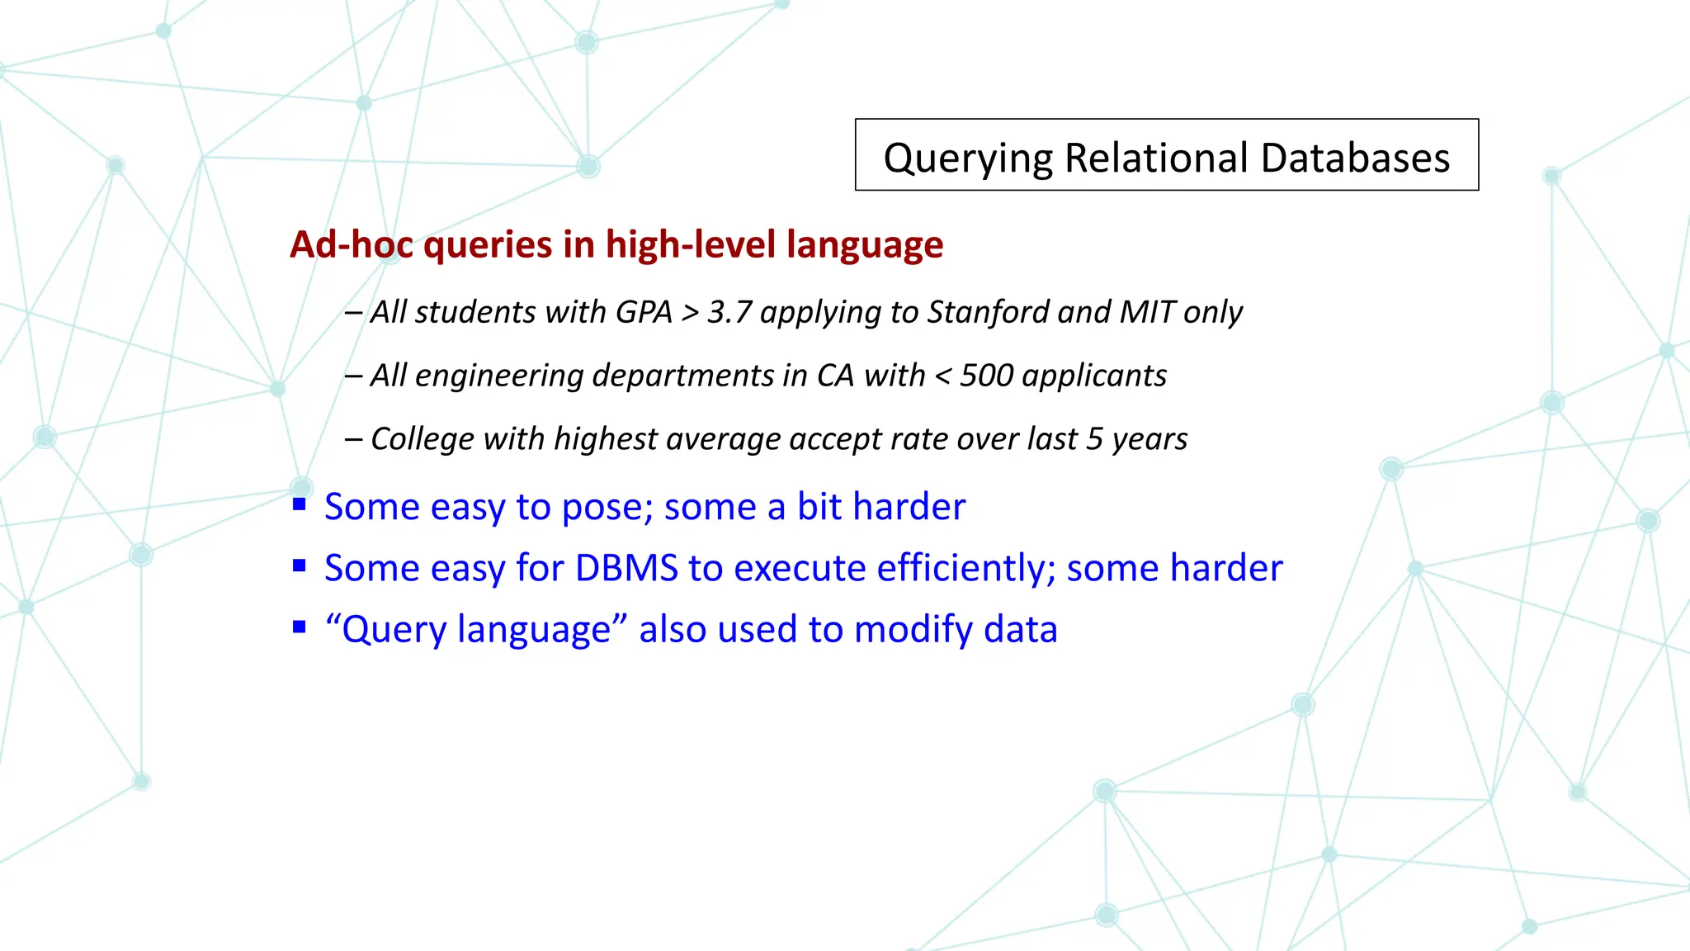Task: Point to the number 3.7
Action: click(729, 312)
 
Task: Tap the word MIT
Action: click(1147, 312)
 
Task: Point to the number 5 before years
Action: click(1094, 439)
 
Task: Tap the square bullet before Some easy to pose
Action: click(300, 504)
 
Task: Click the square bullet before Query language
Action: click(300, 627)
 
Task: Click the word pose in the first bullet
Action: click(607, 507)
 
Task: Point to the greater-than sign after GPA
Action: click(691, 313)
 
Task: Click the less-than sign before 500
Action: click(942, 376)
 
